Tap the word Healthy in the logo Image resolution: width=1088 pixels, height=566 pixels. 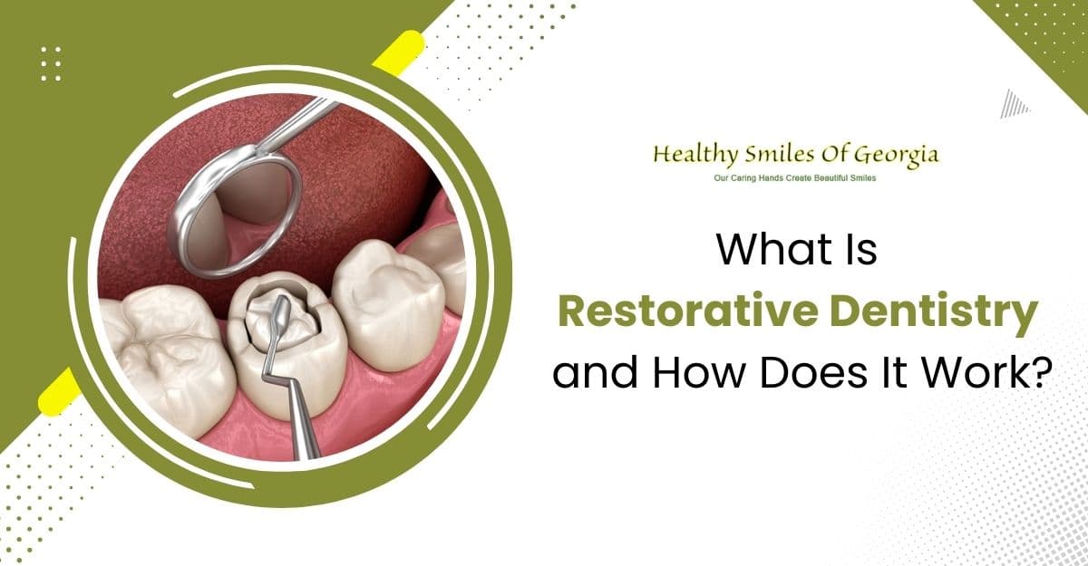click(691, 156)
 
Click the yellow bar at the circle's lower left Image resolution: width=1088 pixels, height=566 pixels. click(55, 392)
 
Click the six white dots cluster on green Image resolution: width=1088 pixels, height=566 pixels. click(51, 63)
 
